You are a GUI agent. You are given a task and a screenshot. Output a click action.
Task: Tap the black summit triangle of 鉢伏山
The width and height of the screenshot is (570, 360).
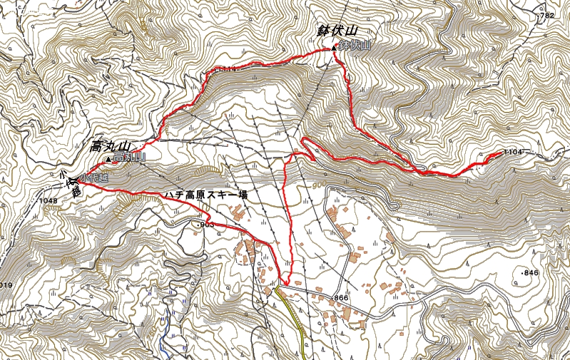333,48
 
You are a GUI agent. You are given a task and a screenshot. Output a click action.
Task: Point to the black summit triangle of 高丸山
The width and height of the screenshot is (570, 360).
108,158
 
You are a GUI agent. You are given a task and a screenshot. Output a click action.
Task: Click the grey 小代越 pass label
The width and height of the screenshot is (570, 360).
94,178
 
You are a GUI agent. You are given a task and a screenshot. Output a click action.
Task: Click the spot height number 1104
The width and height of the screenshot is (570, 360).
513,152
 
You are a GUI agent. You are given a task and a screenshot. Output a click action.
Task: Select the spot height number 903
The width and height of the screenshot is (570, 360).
207,225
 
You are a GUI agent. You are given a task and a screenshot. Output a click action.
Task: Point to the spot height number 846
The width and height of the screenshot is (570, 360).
531,273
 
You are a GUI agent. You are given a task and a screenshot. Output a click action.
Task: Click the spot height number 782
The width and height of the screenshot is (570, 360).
548,15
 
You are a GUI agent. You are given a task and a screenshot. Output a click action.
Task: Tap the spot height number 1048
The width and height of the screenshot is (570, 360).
49,201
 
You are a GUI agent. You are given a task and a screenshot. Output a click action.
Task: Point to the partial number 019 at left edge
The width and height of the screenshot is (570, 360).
6,285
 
